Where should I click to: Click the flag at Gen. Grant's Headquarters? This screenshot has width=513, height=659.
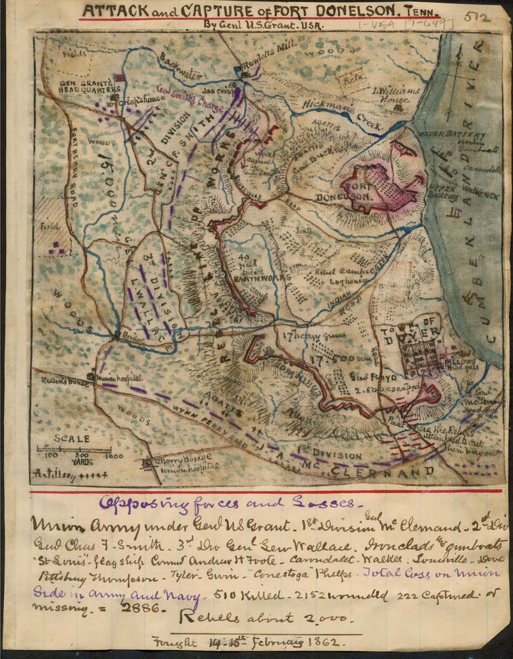120,78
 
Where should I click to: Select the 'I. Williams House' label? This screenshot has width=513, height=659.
396,96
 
